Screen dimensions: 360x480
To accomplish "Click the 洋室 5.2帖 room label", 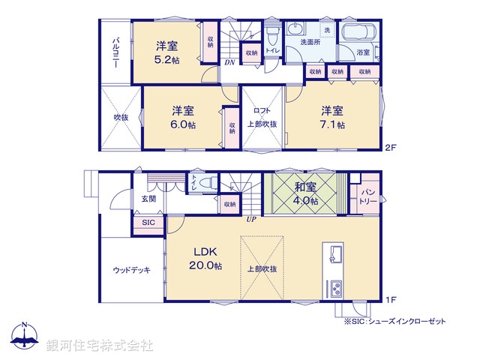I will click(x=166, y=50).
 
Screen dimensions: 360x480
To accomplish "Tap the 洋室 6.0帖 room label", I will click(x=181, y=116).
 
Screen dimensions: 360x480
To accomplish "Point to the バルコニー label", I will click(x=116, y=51).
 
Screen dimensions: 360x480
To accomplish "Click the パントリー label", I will click(x=367, y=196).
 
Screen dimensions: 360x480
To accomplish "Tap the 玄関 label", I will click(x=148, y=199).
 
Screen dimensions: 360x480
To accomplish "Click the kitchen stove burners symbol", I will click(x=334, y=288).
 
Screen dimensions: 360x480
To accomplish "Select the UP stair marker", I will click(x=252, y=220).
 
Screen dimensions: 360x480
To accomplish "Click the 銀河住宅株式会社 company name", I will click(x=100, y=346).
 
